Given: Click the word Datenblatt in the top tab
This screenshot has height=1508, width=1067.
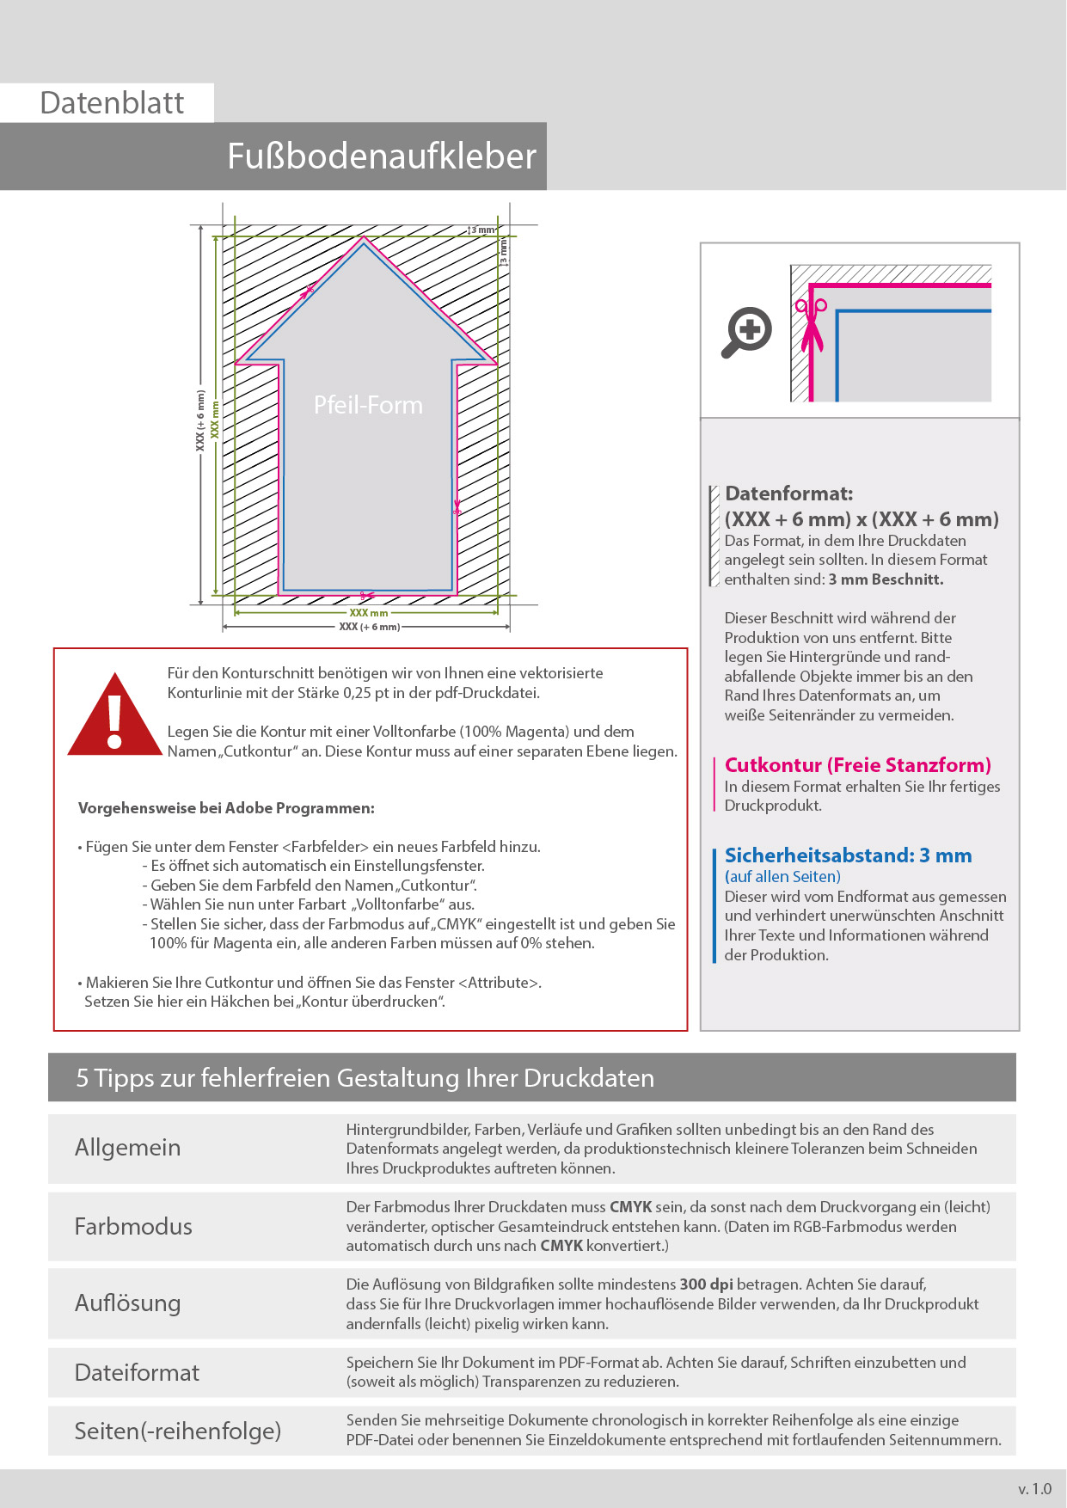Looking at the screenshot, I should [112, 103].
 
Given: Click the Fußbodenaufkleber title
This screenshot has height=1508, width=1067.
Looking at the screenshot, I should [381, 156].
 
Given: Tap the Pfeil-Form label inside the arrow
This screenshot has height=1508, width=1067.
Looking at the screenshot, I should [368, 405].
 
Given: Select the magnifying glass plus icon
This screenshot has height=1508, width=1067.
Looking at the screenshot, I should [746, 331].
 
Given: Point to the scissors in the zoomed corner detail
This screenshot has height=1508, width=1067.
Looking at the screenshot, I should [810, 325].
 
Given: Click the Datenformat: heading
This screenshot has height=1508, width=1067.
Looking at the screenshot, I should [788, 493].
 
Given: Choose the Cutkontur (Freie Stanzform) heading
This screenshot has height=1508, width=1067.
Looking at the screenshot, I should [857, 765].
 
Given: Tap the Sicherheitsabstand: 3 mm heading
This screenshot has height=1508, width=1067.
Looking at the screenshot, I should [848, 855].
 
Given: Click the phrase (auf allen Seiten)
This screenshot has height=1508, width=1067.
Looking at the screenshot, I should [782, 877].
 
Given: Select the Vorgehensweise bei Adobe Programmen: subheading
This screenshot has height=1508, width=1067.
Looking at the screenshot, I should [226, 808].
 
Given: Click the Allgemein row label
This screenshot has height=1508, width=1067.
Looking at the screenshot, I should [127, 1148].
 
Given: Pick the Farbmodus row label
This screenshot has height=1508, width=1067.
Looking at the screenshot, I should [133, 1226].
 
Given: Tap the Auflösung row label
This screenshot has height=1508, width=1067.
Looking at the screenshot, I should [127, 1303].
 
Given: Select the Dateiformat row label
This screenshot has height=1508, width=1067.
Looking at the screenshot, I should [137, 1372].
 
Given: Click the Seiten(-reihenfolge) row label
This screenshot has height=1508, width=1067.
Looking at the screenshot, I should [178, 1431].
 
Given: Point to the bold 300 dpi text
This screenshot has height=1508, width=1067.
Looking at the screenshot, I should [706, 1284].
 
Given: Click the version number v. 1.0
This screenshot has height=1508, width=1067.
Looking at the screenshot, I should [1034, 1489].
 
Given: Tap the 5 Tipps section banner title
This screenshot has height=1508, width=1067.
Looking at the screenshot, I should [365, 1078].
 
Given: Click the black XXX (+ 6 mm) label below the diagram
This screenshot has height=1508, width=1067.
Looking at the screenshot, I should [369, 627].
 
